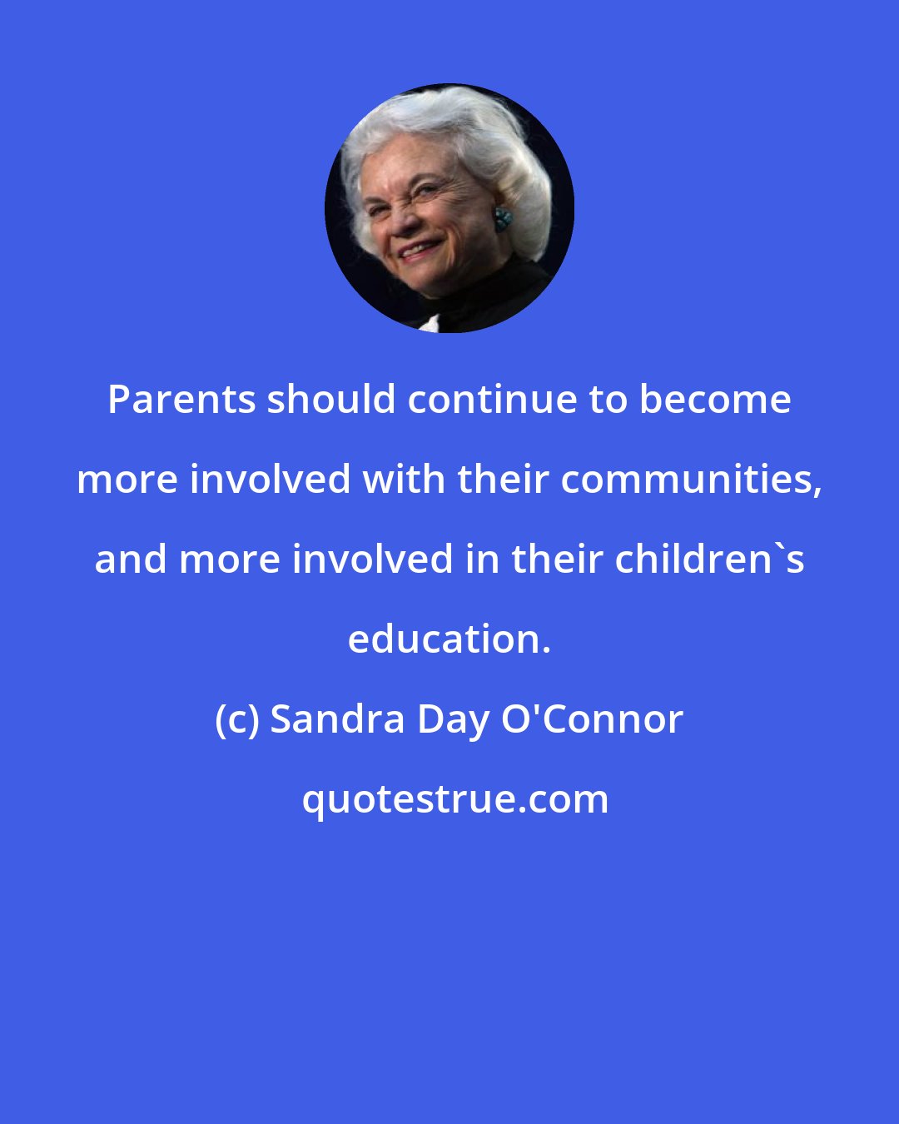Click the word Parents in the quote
point(181,400)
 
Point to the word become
point(715,400)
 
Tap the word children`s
point(710,560)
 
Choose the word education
point(449,639)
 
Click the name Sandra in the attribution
point(338,720)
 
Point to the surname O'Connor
point(592,720)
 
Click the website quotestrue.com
point(454,799)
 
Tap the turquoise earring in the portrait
point(503,220)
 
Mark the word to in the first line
point(608,400)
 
